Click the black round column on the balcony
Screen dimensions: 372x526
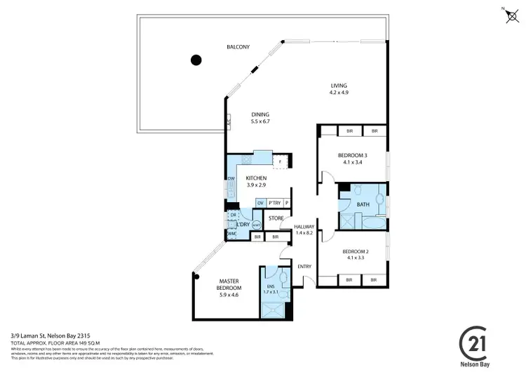tap(197, 60)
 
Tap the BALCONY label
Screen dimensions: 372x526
tap(238, 47)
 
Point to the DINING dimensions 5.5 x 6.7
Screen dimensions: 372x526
tap(260, 121)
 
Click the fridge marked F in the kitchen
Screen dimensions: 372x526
tap(281, 162)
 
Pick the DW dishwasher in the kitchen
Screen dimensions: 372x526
tap(231, 179)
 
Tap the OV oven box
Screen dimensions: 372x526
tap(260, 203)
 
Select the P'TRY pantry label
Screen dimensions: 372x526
tap(274, 203)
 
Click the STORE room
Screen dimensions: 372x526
tap(275, 218)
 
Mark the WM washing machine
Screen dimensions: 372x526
tap(232, 233)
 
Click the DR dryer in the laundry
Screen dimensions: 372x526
tap(233, 215)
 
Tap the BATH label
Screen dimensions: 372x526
tap(363, 205)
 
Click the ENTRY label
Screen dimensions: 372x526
tap(304, 266)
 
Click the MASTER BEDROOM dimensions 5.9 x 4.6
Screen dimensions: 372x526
tap(229, 295)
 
